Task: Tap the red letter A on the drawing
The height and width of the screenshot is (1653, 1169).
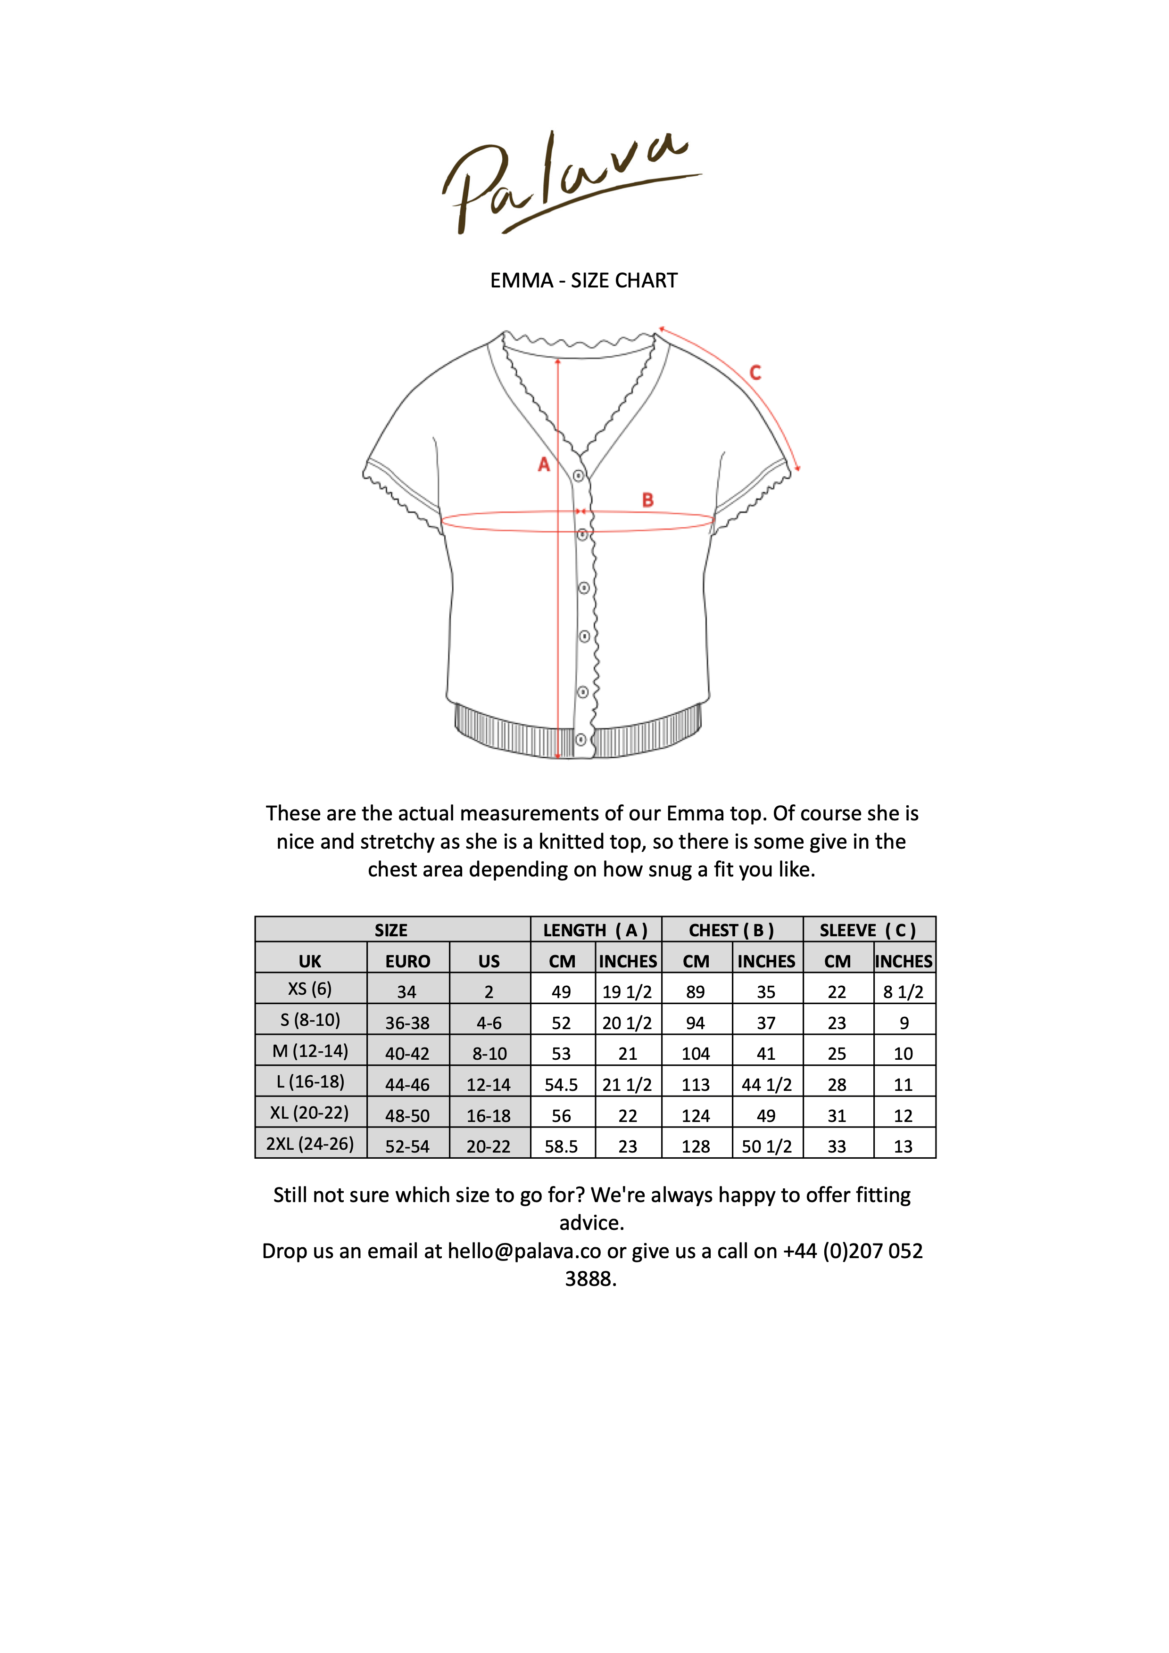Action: pyautogui.click(x=544, y=464)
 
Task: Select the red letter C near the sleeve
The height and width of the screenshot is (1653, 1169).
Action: pyautogui.click(x=755, y=373)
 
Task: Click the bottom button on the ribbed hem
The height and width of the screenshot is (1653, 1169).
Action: pyautogui.click(x=580, y=739)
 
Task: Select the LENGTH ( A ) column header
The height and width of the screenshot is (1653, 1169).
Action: pyautogui.click(x=595, y=930)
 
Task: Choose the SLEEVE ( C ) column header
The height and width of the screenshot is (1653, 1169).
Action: pyautogui.click(x=868, y=930)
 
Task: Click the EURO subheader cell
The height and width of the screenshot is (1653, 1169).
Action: pyautogui.click(x=408, y=961)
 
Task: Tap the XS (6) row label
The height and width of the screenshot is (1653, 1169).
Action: pyautogui.click(x=310, y=989)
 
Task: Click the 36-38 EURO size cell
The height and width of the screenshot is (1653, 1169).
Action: pyautogui.click(x=408, y=1023)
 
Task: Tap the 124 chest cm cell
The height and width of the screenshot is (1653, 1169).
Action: pyautogui.click(x=696, y=1115)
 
